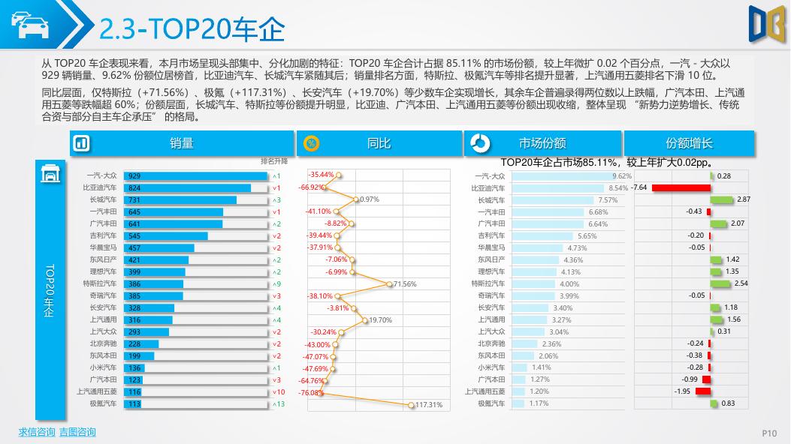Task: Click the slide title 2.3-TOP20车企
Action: (x=192, y=29)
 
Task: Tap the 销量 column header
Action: (x=181, y=143)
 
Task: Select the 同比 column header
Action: (x=379, y=143)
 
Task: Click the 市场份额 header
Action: (x=542, y=143)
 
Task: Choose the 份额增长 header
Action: (x=689, y=143)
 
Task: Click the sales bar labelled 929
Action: (x=195, y=176)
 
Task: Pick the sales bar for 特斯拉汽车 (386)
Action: (x=153, y=284)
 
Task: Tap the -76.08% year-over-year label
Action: (x=310, y=392)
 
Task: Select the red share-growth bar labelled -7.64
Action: (x=681, y=187)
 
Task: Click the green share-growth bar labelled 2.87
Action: (x=720, y=199)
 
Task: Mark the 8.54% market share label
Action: (x=618, y=188)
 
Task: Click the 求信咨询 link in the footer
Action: (x=37, y=432)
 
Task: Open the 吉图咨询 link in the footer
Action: (x=77, y=432)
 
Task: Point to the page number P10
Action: (x=769, y=433)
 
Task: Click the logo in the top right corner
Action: (x=765, y=22)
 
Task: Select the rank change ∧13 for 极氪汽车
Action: (x=278, y=404)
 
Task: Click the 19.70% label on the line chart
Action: (x=380, y=320)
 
